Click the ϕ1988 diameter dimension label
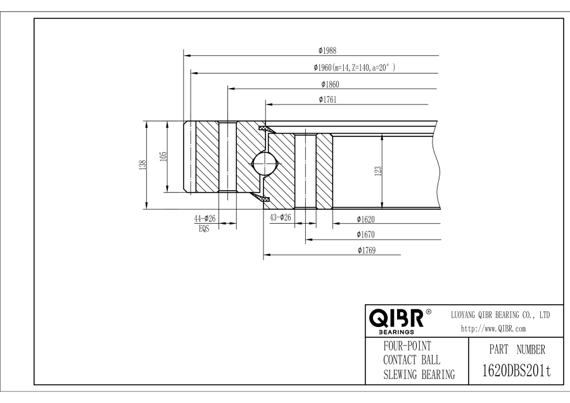point(327,51)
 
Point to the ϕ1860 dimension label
point(330,84)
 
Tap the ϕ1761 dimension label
point(327,99)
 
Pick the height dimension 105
point(163,157)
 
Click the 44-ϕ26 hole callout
point(205,218)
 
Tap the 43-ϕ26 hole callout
point(281,217)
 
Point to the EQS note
point(204,229)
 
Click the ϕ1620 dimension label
point(365,219)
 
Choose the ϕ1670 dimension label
point(365,234)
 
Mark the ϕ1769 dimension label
point(367,250)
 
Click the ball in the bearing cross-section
point(265,163)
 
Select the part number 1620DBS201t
point(517,371)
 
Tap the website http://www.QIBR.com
point(493,328)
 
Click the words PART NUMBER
point(517,350)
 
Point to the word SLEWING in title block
point(400,374)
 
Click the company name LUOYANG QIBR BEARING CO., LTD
point(500,315)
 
